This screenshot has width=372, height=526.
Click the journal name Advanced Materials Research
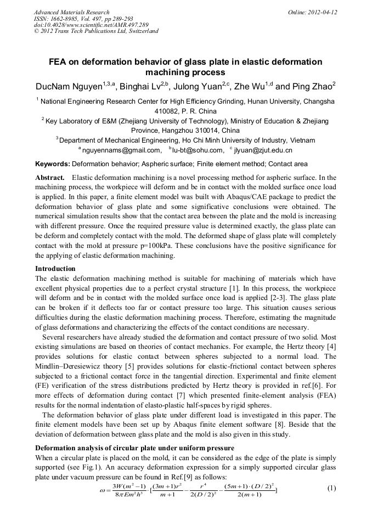coord(71,12)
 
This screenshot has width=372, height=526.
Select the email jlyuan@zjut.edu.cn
coord(263,150)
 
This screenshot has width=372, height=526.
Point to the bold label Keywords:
coord(53,164)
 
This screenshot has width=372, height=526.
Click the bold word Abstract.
coord(51,178)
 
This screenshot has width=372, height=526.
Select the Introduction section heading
coord(55,269)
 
